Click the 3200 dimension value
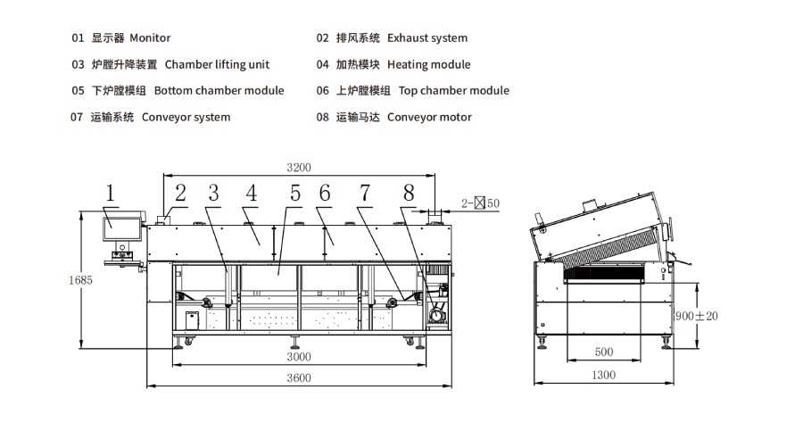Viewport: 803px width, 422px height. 299,168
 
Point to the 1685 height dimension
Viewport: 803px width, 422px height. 80,280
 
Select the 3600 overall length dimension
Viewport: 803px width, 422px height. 299,378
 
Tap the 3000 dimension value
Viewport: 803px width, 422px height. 299,357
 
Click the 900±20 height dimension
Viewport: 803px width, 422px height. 697,316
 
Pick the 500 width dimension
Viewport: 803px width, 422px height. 604,352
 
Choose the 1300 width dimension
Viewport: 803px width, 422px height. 604,375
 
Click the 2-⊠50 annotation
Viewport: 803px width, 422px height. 480,203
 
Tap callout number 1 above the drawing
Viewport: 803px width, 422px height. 110,194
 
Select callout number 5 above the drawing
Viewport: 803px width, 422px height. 295,194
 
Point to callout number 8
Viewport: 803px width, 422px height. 409,194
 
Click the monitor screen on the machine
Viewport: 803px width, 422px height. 122,229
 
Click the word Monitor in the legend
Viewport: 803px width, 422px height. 150,37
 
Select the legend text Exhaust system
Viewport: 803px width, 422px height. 427,38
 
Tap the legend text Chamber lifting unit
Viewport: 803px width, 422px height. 217,64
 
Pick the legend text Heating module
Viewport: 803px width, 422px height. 428,64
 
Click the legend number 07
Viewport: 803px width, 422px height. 77,117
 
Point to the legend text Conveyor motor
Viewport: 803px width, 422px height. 429,117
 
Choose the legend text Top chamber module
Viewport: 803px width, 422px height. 454,91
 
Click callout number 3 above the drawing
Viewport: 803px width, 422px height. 213,194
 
